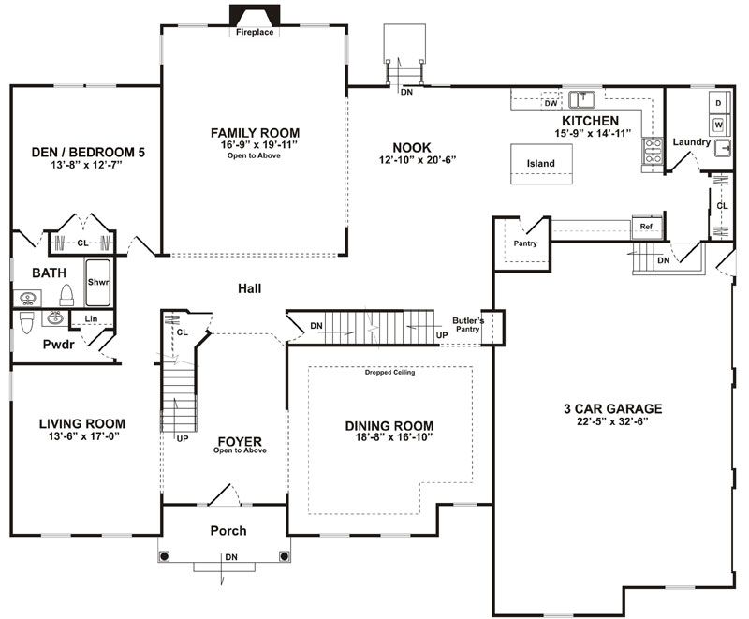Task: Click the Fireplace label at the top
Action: [255, 32]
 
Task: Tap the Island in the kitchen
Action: [541, 164]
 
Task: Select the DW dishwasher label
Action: [551, 103]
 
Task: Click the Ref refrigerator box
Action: [647, 227]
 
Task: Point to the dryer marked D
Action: [718, 103]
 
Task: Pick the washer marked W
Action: [718, 125]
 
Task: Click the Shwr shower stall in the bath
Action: [98, 282]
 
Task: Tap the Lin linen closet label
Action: [91, 318]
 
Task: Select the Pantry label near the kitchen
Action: [525, 243]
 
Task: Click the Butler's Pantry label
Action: [468, 325]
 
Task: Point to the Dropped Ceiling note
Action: [389, 372]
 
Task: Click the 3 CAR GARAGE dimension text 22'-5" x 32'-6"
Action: [612, 421]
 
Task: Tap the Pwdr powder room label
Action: [58, 345]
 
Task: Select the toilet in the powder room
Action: [26, 323]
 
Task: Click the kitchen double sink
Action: [581, 100]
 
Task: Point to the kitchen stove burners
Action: [653, 151]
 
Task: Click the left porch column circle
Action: [165, 556]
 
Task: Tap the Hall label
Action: [249, 288]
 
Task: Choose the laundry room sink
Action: [722, 149]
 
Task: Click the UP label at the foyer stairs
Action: [183, 438]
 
